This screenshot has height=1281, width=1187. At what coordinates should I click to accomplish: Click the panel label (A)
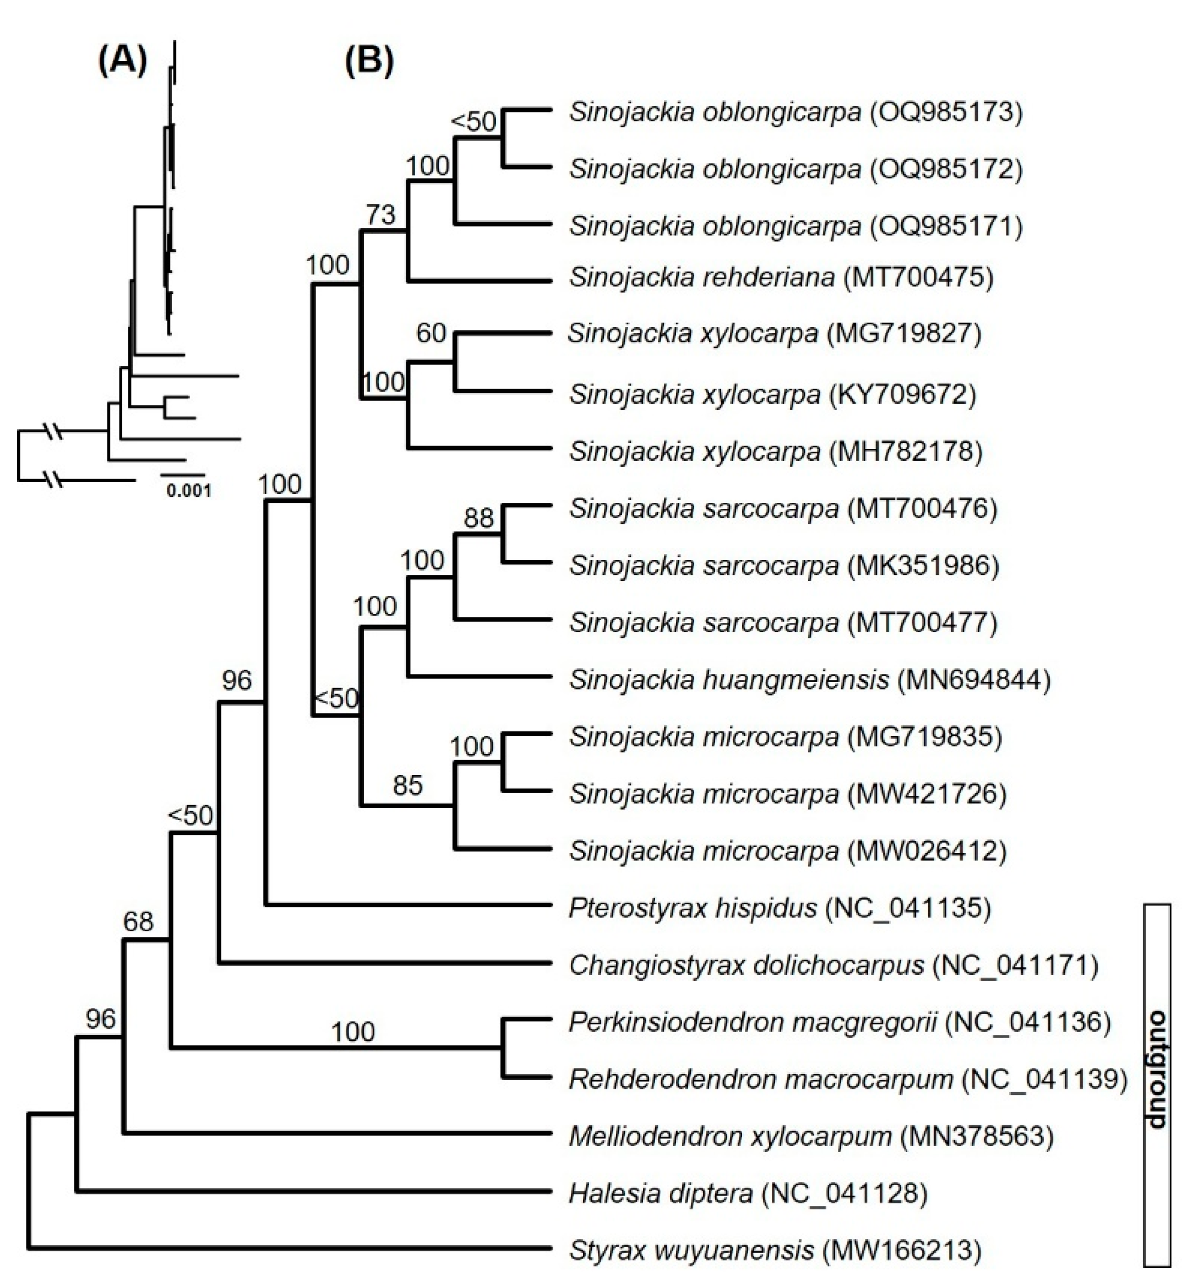[x=123, y=62]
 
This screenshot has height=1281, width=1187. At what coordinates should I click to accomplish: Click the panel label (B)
[x=369, y=62]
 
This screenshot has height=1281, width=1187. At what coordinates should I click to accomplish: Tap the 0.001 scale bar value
[x=189, y=491]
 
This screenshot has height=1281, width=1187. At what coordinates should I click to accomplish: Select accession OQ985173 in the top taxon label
[x=945, y=112]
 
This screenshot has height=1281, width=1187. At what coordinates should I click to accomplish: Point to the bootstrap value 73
[x=380, y=214]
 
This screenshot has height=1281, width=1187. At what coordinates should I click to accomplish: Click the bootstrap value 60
[x=431, y=333]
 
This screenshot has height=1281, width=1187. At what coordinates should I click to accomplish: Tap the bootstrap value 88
[x=478, y=518]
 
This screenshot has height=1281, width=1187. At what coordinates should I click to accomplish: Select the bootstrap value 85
[x=407, y=784]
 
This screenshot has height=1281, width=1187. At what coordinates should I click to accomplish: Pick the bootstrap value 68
[x=138, y=922]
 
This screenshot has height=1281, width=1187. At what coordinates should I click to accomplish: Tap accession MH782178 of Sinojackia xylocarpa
[x=906, y=452]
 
